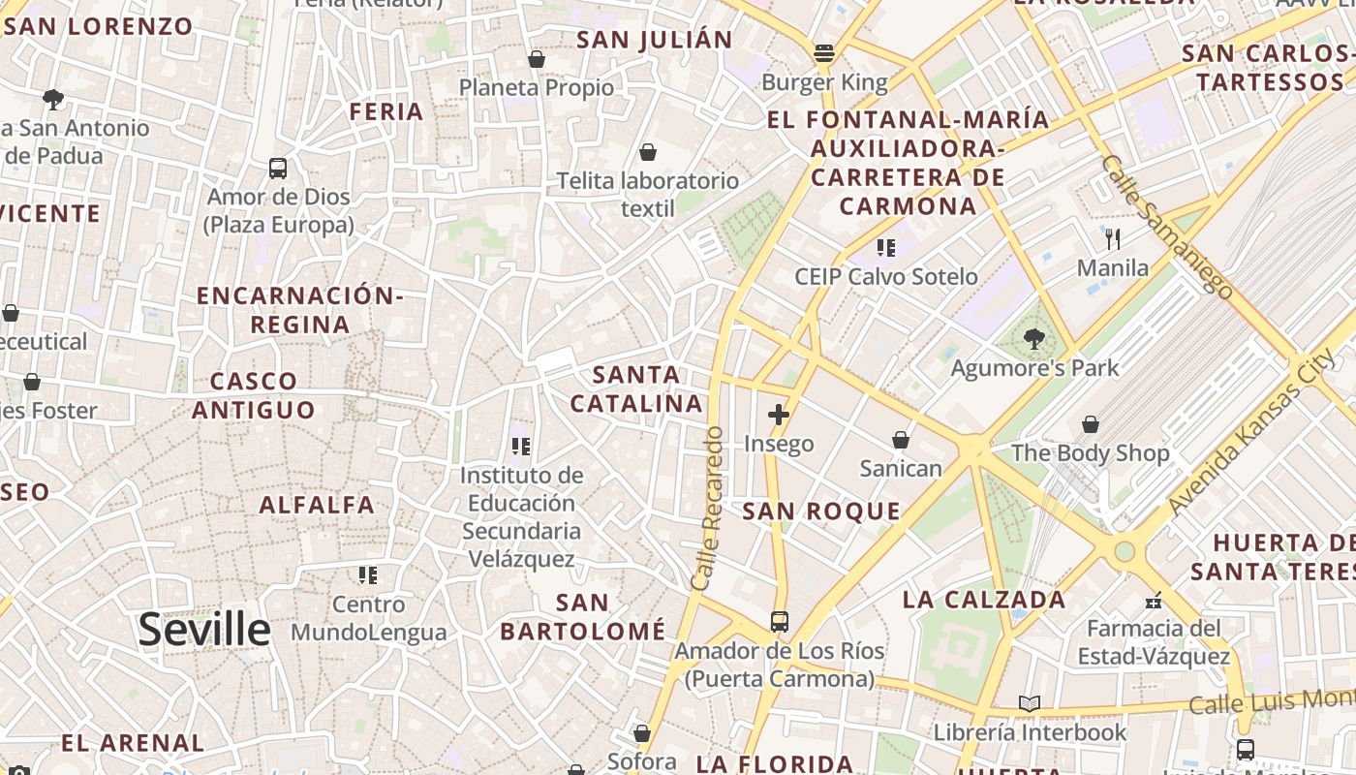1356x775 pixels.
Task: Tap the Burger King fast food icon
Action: click(824, 52)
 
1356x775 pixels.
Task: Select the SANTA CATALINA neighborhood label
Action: click(635, 388)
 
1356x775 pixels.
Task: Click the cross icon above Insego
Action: click(779, 416)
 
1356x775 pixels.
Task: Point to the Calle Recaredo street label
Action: click(709, 509)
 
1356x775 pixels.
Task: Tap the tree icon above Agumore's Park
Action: click(1034, 339)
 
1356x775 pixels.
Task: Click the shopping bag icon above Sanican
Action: click(901, 440)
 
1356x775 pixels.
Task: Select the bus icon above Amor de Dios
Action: click(278, 169)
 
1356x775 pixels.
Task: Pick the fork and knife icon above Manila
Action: click(1113, 238)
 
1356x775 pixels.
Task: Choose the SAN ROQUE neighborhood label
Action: click(821, 511)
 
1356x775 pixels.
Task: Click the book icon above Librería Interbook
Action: click(1030, 703)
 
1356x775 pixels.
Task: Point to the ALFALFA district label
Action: click(317, 505)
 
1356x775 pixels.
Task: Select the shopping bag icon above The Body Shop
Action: click(1091, 424)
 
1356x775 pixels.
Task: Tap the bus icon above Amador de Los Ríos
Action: click(780, 622)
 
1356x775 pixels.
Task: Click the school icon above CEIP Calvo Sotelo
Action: click(885, 248)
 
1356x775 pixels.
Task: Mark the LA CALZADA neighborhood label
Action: click(984, 600)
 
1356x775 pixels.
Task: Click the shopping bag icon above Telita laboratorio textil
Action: click(648, 152)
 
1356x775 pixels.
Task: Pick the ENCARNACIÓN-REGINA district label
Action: click(299, 310)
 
